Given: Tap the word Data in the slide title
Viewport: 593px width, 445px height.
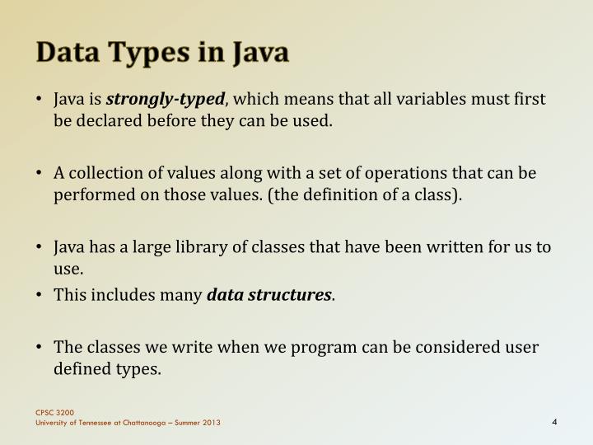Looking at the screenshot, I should pos(67,54).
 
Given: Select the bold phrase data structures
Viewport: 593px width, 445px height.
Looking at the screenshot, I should pos(268,294).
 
